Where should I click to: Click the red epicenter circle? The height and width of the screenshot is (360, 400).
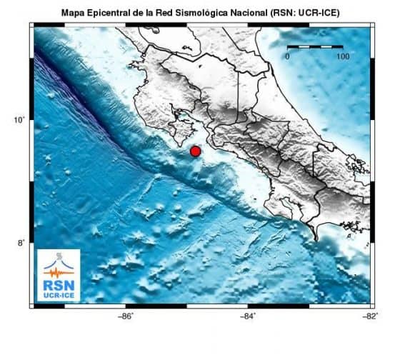coord(195,151)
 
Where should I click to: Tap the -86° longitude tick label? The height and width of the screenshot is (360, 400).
coord(125,316)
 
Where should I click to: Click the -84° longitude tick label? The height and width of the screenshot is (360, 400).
coord(247,316)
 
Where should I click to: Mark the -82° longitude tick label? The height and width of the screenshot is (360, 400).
coord(369,316)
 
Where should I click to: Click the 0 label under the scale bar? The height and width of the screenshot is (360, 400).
coord(287,56)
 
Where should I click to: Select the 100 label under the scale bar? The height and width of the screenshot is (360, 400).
coord(342,56)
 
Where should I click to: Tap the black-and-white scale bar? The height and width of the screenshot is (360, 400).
coord(314,46)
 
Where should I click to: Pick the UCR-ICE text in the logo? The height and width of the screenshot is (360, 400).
coord(59,294)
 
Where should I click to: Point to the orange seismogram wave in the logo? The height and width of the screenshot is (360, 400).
coord(59,270)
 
